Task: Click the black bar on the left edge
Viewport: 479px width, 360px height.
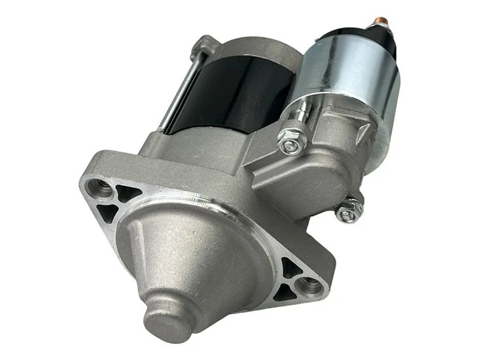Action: [29, 180]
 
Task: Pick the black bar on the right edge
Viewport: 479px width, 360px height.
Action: [449, 180]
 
